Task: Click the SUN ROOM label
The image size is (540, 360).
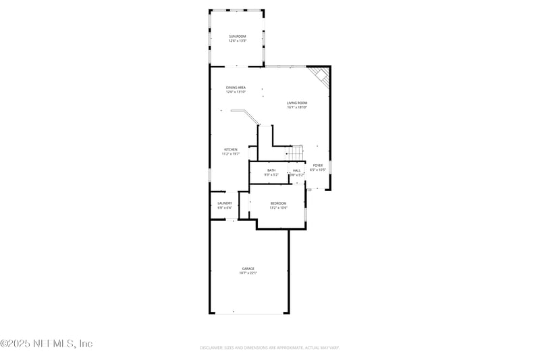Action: click(x=236, y=36)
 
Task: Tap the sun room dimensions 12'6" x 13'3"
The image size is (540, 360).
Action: click(x=236, y=41)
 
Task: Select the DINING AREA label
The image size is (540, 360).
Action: click(x=236, y=87)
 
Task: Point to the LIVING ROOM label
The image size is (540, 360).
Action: click(x=297, y=103)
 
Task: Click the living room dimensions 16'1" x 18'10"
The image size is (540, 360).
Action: click(x=297, y=107)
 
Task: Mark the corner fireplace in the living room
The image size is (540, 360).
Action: click(x=320, y=76)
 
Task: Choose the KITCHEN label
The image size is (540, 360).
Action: click(x=231, y=149)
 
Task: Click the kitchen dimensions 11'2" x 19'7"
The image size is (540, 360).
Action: click(x=231, y=154)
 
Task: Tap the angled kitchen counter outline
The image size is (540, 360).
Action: click(x=247, y=117)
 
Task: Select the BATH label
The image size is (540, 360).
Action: click(x=271, y=170)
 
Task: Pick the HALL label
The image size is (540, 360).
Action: click(x=296, y=170)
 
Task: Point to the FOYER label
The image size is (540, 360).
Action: click(x=317, y=165)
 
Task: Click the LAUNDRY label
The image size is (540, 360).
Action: click(x=225, y=203)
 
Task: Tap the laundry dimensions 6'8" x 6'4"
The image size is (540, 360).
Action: click(x=225, y=207)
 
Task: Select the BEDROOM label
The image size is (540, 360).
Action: click(x=278, y=203)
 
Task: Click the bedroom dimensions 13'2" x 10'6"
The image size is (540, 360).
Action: click(x=278, y=208)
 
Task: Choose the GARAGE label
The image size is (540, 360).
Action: click(x=248, y=268)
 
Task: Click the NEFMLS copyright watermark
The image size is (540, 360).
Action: click(x=47, y=344)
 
